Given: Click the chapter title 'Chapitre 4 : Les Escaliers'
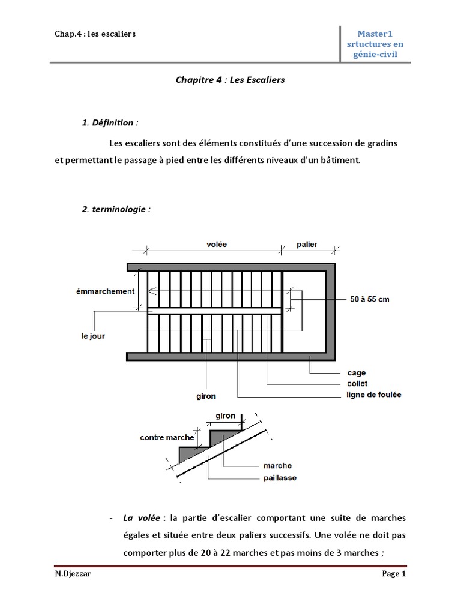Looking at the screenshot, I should (x=230, y=79).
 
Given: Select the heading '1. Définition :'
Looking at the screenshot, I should (x=110, y=123).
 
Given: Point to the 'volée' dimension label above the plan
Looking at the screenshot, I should (x=217, y=245).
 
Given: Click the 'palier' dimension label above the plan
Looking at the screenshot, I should (x=307, y=245).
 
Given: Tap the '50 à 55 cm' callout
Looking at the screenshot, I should (x=370, y=299).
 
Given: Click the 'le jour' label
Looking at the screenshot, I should (x=93, y=336).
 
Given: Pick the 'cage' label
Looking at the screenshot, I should (x=357, y=373).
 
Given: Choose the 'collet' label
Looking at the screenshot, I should (x=357, y=384).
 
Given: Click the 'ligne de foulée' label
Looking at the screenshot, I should (x=374, y=395).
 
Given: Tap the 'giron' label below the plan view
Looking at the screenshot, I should (x=206, y=396).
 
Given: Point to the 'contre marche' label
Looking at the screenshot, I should (x=167, y=437).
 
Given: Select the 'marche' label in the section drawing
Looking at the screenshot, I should (x=277, y=466).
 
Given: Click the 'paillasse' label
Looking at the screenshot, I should (x=280, y=478).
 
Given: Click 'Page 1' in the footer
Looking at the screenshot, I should (x=394, y=574).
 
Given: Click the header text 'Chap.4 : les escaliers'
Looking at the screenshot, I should (x=95, y=34).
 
